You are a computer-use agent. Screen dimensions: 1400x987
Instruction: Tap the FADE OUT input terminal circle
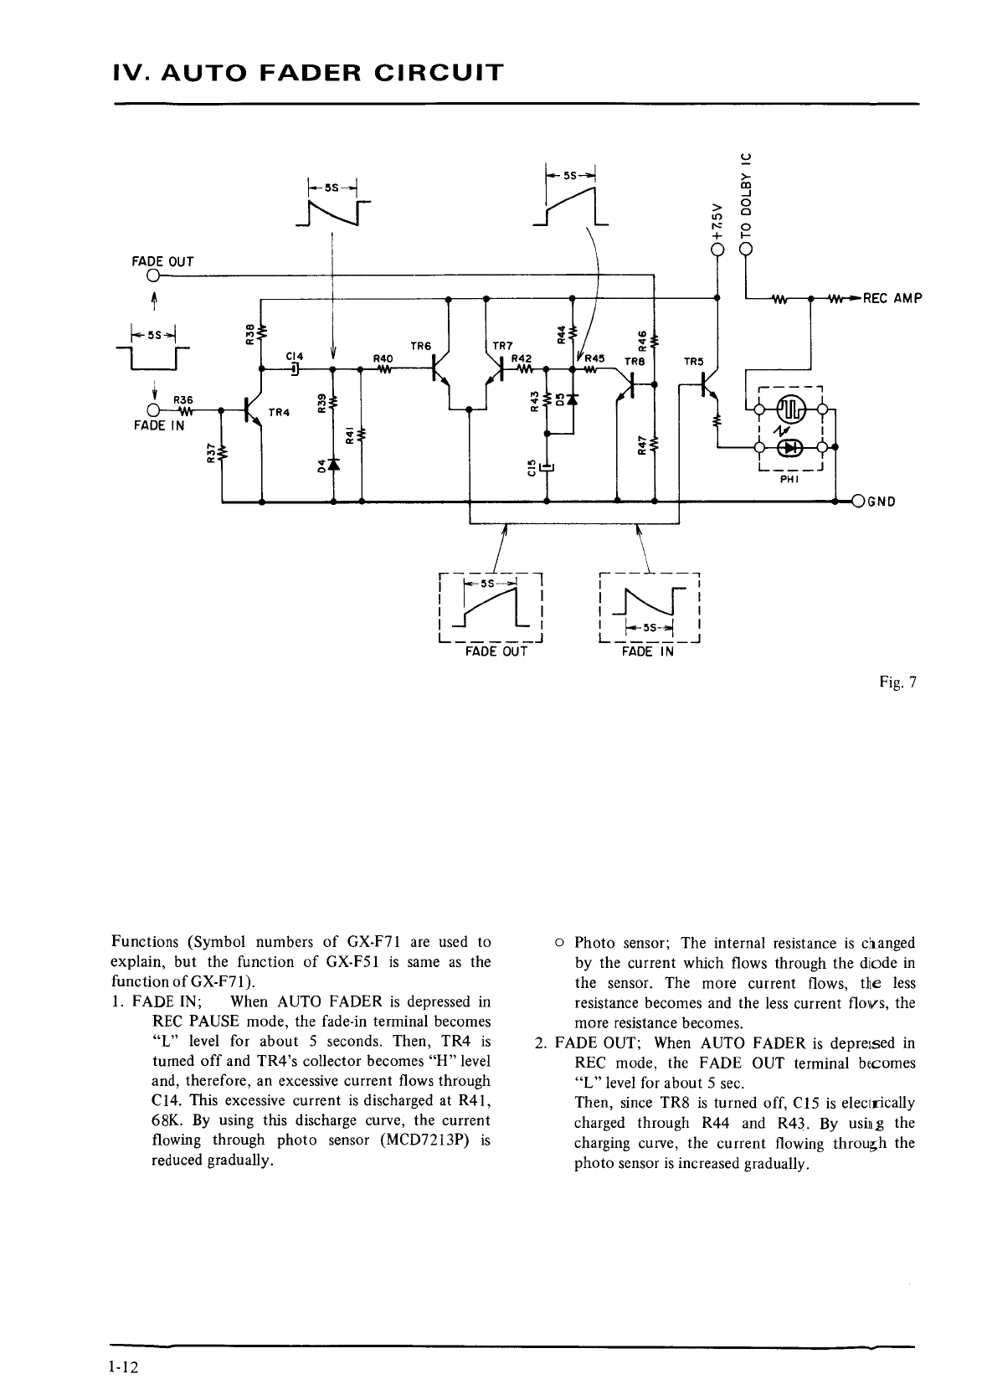click(x=153, y=275)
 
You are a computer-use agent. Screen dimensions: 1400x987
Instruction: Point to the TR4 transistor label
click(x=279, y=411)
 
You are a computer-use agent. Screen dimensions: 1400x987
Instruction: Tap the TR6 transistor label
click(x=421, y=344)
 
